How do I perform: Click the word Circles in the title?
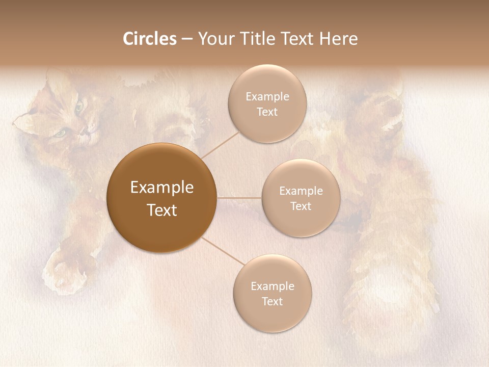click(x=149, y=39)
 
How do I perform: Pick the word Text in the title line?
click(x=300, y=39)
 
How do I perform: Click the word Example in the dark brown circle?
click(x=162, y=188)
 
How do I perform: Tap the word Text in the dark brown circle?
click(x=162, y=210)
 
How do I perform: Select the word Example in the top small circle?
click(x=267, y=97)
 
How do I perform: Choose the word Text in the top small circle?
click(x=267, y=112)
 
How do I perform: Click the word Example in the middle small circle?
click(x=301, y=191)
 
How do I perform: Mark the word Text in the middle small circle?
click(x=301, y=206)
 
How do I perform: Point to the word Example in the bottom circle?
click(x=273, y=286)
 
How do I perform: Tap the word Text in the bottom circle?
click(x=273, y=302)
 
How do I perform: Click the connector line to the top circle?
click(x=220, y=144)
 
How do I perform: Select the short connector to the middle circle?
click(x=239, y=198)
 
